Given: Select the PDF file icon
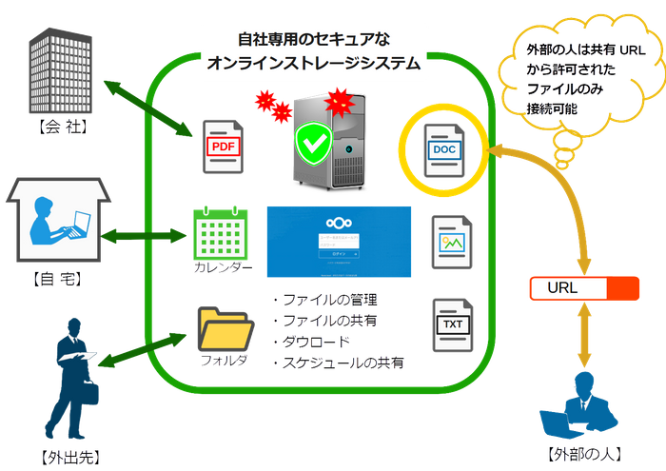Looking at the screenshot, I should [x=221, y=146].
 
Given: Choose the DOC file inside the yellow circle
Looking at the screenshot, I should [x=442, y=150].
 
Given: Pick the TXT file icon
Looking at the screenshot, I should [x=449, y=324].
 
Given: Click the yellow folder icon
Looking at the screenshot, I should [x=221, y=329].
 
